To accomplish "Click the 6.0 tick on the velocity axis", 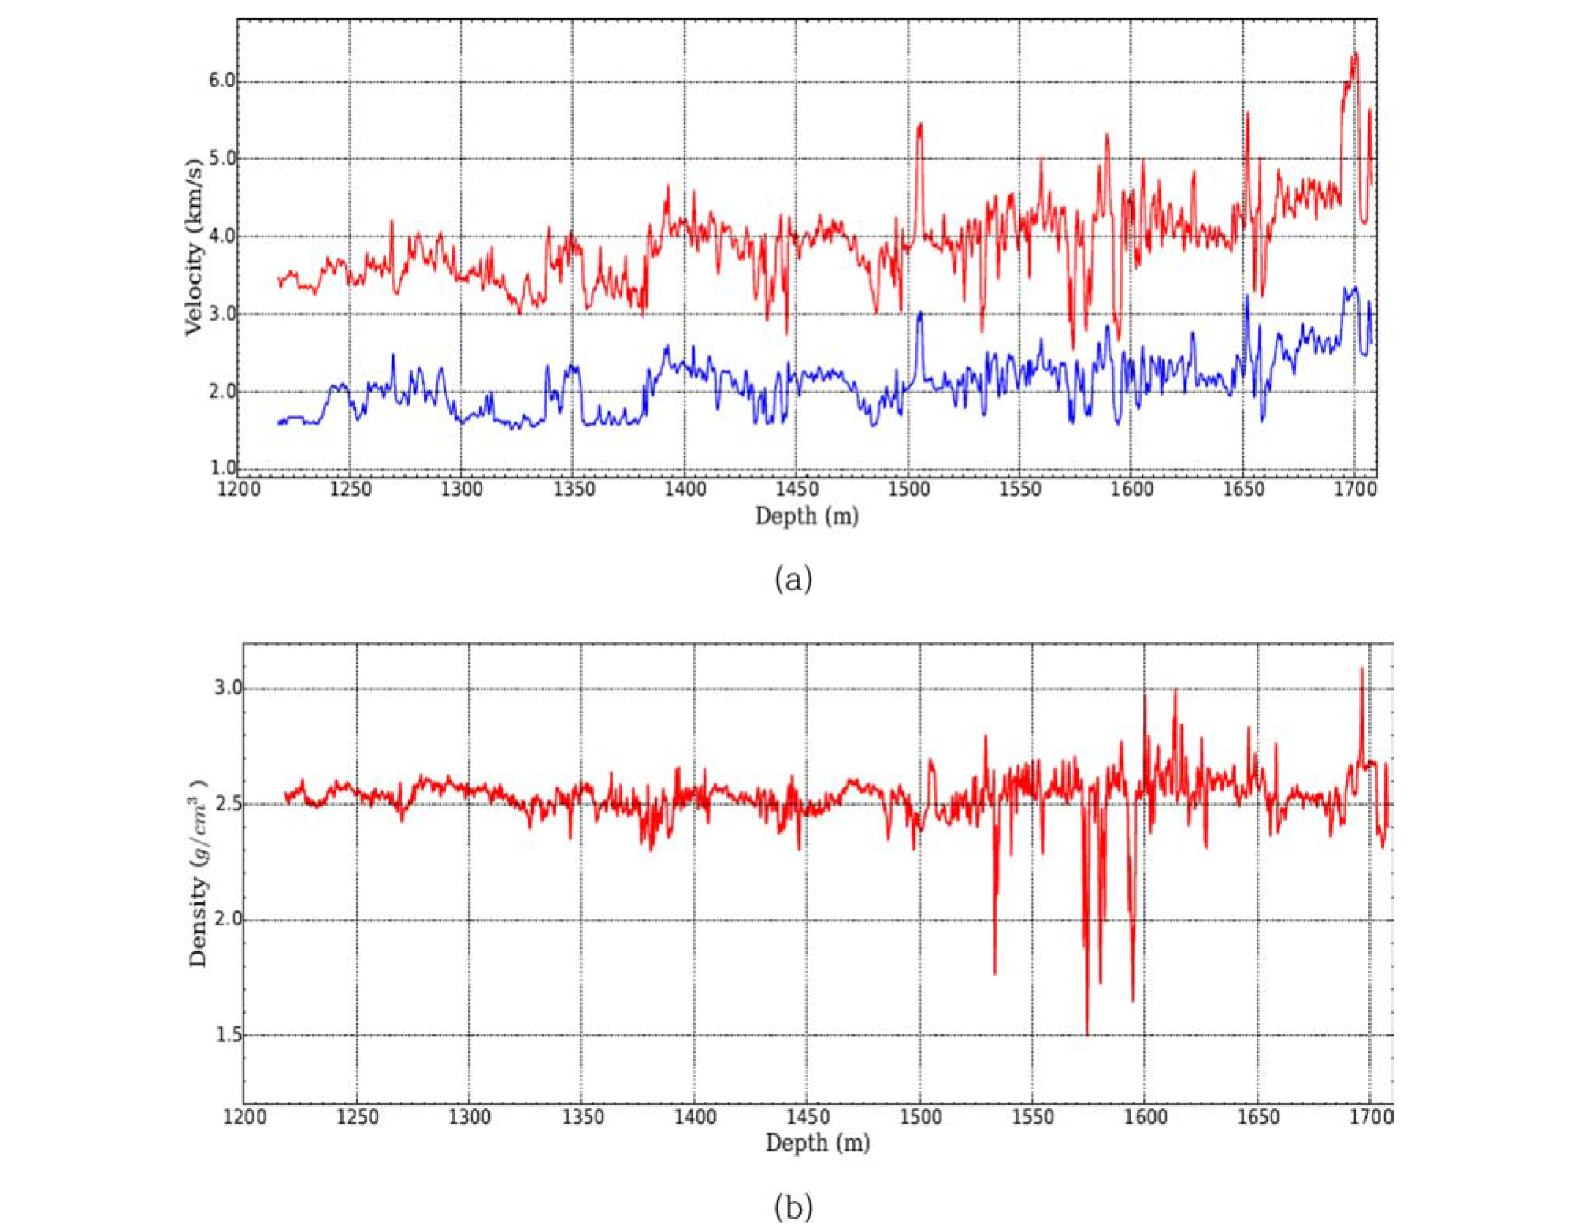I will click(x=221, y=80).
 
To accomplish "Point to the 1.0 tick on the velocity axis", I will click(x=223, y=467).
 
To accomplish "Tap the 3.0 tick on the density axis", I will click(x=228, y=688).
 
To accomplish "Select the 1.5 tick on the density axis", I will click(x=228, y=1035).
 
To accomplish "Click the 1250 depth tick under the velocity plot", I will click(x=350, y=489).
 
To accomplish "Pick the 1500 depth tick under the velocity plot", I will click(x=908, y=489).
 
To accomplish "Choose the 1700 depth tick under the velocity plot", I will click(x=1355, y=489).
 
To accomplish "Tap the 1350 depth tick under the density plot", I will click(x=582, y=1117).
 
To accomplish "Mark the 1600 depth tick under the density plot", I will click(x=1145, y=1117).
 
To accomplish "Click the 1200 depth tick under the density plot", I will click(x=244, y=1117).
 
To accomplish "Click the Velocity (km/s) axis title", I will click(x=194, y=247).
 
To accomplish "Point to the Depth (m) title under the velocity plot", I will click(x=807, y=516).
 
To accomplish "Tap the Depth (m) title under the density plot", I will click(x=818, y=1143).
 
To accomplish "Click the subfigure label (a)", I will click(x=793, y=579).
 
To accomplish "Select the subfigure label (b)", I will click(x=793, y=1207).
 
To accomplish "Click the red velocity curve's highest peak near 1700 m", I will click(x=1356, y=54).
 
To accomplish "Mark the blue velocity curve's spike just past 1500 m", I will click(x=919, y=314).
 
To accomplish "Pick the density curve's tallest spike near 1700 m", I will click(x=1362, y=669).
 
